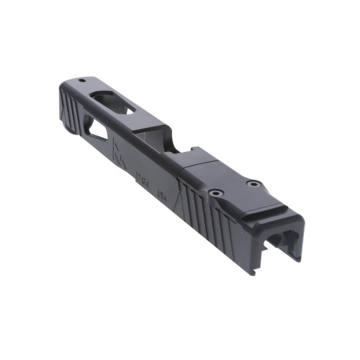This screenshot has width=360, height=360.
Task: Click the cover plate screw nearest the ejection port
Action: pyautogui.click(x=215, y=193)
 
